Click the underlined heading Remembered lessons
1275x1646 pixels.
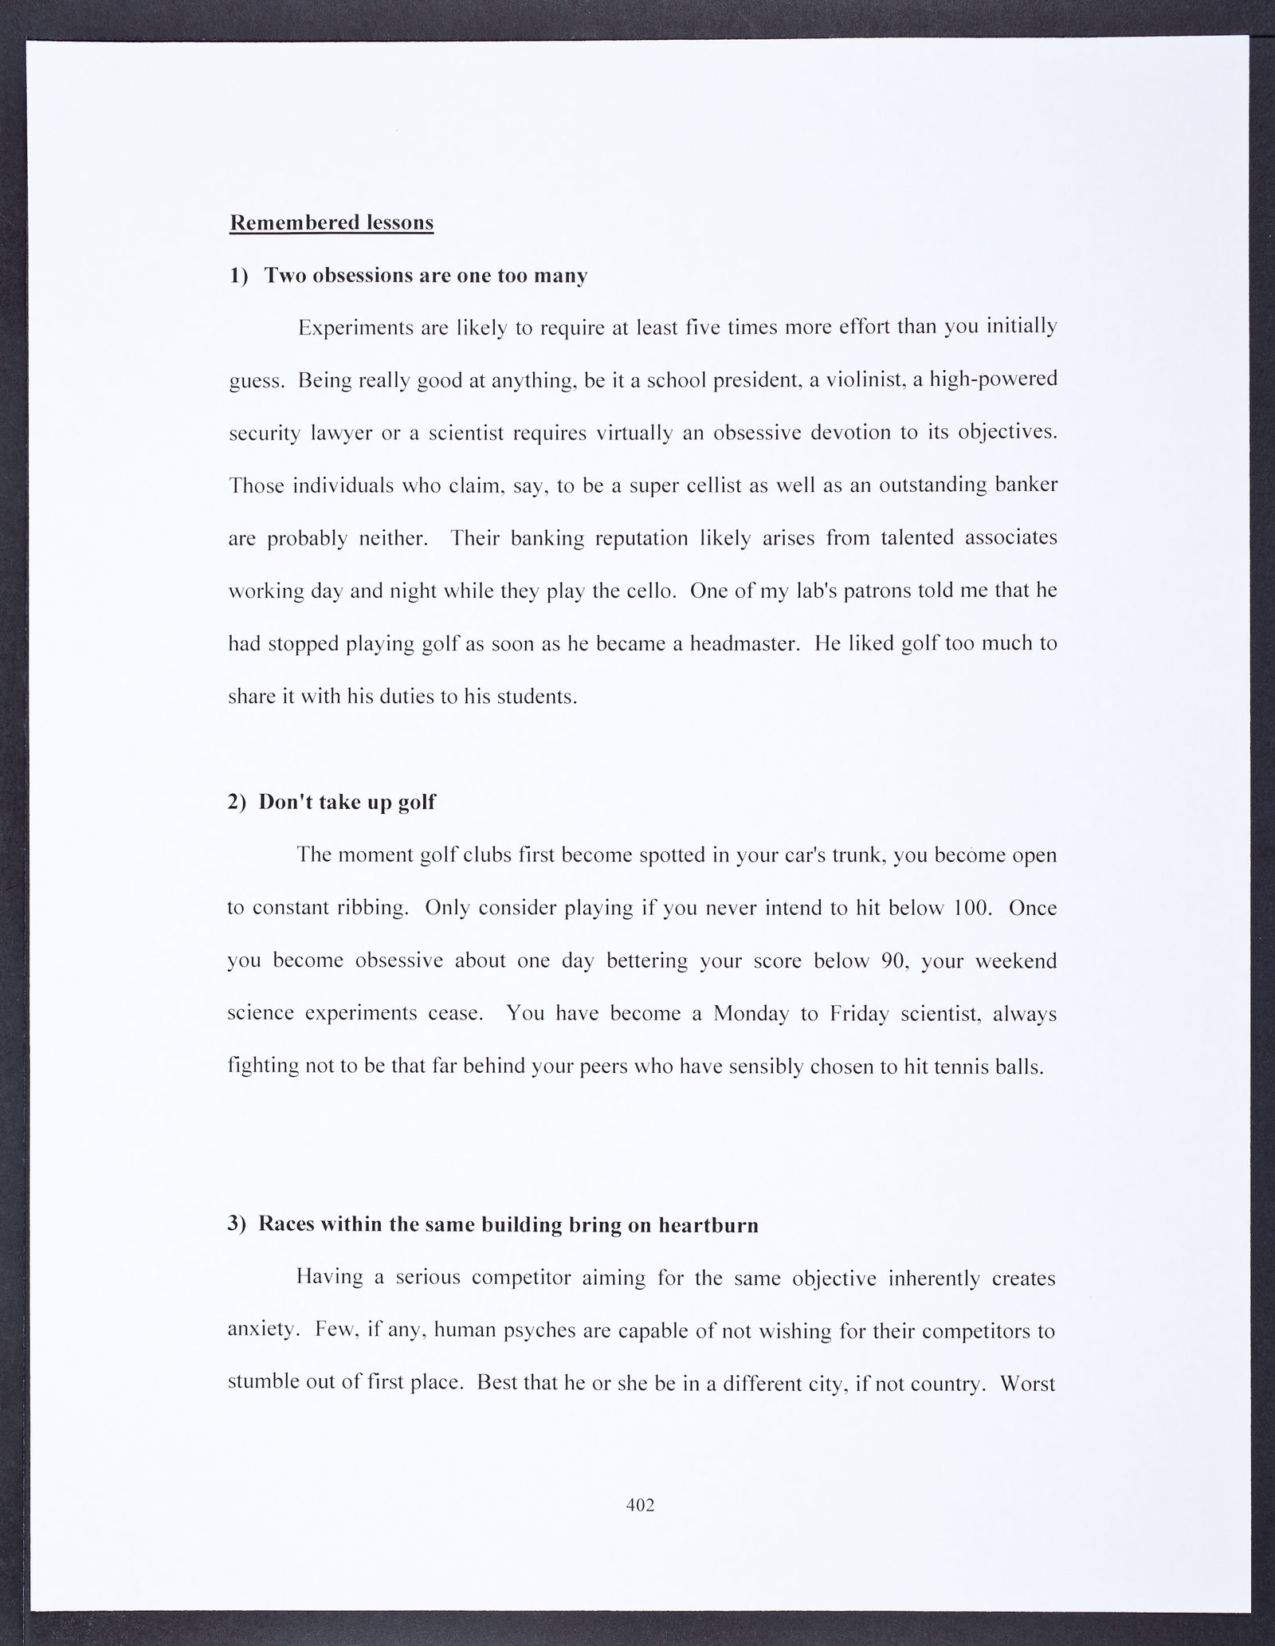point(331,222)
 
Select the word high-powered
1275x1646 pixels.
point(988,380)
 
